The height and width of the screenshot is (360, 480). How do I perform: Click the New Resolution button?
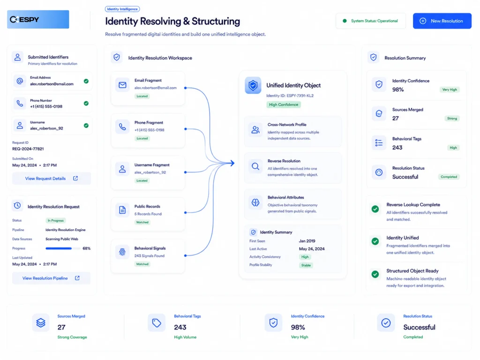point(442,21)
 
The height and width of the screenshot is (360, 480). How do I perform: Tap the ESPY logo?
point(38,19)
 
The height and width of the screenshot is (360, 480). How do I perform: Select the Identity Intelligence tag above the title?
point(122,9)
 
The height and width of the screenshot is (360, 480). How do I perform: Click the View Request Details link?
point(52,179)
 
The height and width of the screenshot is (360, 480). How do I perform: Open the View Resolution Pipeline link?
point(51,278)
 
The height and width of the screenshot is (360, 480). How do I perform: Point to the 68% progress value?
point(87,248)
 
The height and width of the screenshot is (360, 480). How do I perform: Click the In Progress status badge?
point(56,220)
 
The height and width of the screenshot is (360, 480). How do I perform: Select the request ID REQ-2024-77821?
point(28,149)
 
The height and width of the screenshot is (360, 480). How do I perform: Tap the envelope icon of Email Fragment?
point(122,85)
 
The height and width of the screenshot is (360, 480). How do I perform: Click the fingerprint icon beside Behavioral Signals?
point(122,252)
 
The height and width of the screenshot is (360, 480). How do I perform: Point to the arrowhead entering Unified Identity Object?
point(233,163)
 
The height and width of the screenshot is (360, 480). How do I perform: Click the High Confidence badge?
point(284,105)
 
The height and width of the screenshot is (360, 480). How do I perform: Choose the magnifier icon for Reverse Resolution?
point(255,166)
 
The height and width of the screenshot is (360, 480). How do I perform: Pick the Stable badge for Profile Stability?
point(306,265)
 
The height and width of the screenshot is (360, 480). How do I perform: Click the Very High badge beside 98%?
point(450,90)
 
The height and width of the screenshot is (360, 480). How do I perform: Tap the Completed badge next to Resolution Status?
point(449,177)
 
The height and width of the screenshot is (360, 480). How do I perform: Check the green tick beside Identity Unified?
point(375,241)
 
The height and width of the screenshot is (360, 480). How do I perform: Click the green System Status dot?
point(345,21)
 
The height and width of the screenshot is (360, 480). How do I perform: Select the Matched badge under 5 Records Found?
point(142,222)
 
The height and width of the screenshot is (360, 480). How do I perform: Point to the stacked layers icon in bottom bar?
point(41,322)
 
